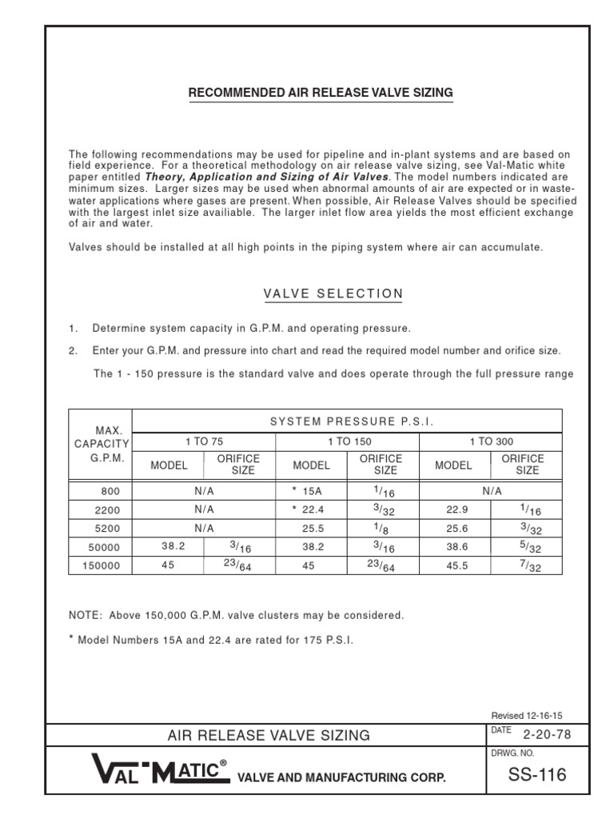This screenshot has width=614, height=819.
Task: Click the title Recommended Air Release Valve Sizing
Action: [321, 93]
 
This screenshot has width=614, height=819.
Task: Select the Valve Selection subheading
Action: [333, 294]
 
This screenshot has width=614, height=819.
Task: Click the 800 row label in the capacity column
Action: [111, 491]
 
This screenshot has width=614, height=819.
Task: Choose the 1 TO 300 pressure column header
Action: [490, 441]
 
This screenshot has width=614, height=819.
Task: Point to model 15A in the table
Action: [309, 491]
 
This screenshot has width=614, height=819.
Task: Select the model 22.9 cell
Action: [453, 509]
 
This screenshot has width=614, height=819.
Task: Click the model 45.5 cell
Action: [453, 565]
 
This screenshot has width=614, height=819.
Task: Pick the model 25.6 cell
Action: [453, 528]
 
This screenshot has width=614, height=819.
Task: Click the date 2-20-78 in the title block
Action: [547, 735]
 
